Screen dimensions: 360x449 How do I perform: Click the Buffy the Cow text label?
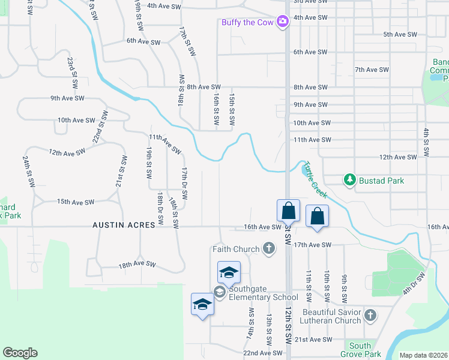coord(248,22)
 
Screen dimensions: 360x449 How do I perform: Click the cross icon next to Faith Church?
coord(269,248)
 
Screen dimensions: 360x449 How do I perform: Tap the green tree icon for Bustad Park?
coord(349,180)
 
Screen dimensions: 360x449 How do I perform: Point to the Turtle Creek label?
coord(315,179)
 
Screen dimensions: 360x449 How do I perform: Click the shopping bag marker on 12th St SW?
coord(288,211)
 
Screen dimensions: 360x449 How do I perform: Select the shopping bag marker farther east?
coord(316,216)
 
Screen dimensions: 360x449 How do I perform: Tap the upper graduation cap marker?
coord(228,272)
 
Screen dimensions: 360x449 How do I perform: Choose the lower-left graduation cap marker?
coord(202,304)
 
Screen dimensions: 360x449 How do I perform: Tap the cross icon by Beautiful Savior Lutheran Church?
coord(370,314)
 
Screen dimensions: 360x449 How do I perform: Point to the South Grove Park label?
coord(360,350)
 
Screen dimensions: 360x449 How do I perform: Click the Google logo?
coord(20,353)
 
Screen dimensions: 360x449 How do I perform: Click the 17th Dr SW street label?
coord(185,183)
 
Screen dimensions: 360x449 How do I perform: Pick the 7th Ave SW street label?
coord(372,70)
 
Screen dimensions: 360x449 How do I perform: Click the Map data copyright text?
coord(423,355)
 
